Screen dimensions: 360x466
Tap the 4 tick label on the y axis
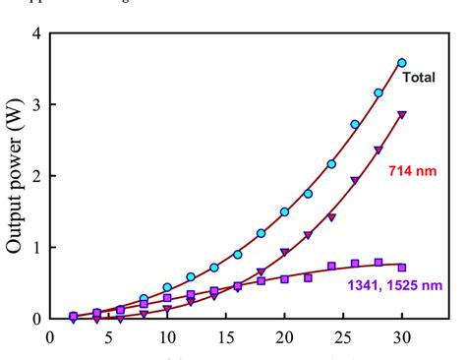click(x=36, y=34)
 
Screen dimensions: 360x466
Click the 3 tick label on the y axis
click(x=36, y=105)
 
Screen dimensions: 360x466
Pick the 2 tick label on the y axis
click(x=36, y=176)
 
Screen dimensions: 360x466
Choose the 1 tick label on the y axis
click(x=36, y=248)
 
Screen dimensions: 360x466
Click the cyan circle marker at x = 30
click(x=401, y=63)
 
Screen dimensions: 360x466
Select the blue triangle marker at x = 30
click(x=401, y=114)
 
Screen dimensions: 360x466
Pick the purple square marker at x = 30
click(x=401, y=267)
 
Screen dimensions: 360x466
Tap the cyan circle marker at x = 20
click(x=284, y=211)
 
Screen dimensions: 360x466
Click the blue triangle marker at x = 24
click(x=331, y=216)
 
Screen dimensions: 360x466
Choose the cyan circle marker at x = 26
click(x=355, y=124)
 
